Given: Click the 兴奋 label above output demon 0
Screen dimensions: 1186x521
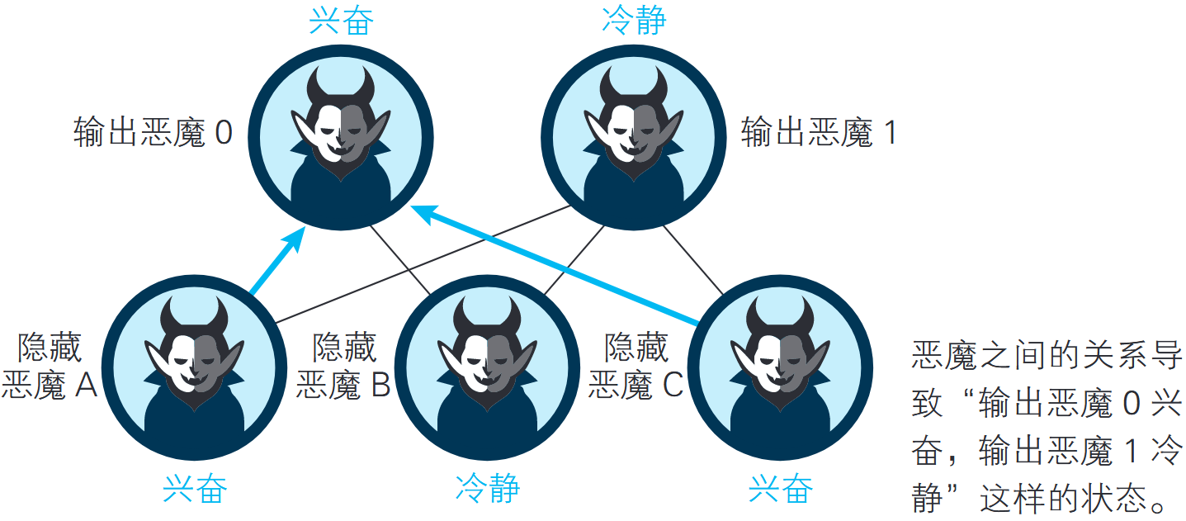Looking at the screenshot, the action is coord(341,21).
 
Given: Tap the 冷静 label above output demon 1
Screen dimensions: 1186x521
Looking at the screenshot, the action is coord(633,21).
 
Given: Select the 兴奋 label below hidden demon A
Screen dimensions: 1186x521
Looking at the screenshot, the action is coord(195,490).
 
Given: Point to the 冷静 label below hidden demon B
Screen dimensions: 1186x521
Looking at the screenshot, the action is coord(488,490).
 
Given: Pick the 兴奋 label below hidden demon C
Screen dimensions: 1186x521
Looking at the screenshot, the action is coord(780,490).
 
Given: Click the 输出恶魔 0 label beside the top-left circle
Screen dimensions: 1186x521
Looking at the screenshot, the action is coord(154,133).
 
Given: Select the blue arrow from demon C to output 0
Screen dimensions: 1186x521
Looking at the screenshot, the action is coord(553,264).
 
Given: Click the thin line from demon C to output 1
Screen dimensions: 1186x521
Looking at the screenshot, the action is coord(692,260).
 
